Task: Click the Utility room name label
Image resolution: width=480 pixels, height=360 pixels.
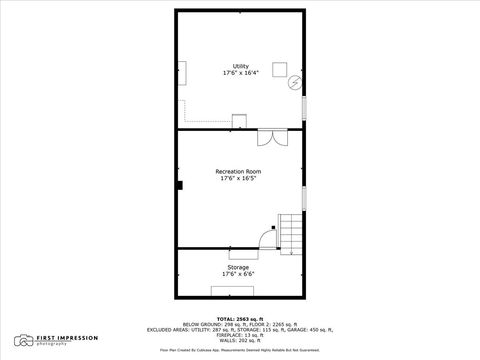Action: click(240, 66)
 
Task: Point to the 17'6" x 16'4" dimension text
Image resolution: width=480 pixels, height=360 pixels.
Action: click(240, 73)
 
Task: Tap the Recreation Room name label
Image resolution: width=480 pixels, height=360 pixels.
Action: click(240, 172)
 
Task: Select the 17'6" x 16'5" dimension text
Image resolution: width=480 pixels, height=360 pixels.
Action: click(240, 179)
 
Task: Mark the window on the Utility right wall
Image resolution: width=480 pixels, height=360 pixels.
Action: click(304, 107)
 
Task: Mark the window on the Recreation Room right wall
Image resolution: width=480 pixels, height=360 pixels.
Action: click(304, 196)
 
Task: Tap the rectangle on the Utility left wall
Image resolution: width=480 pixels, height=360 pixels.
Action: click(182, 73)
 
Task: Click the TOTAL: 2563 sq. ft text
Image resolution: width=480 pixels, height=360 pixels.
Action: click(240, 318)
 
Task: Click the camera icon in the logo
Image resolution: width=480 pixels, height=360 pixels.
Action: click(21, 340)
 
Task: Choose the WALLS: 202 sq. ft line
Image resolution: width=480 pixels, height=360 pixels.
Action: click(240, 339)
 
